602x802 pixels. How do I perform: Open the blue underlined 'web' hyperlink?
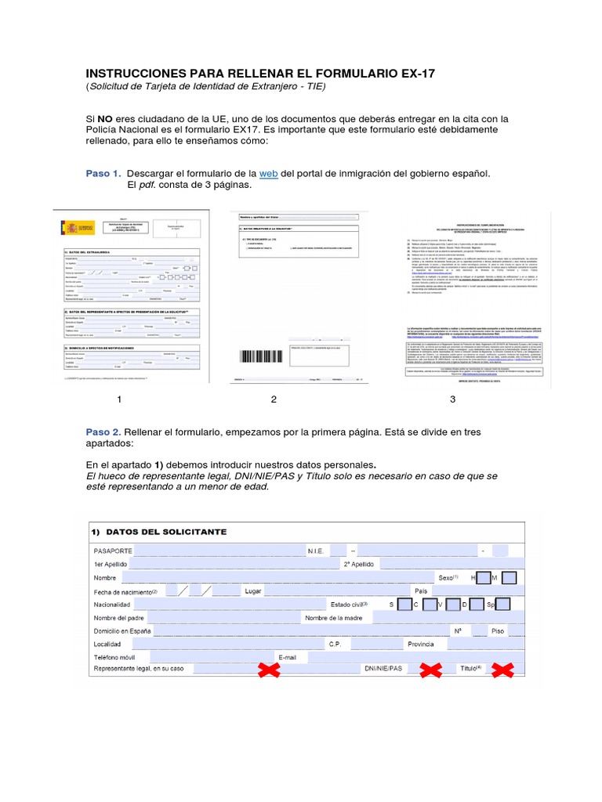click(x=268, y=172)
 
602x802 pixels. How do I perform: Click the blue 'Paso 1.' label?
click(x=103, y=172)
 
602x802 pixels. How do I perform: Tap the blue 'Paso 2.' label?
click(x=103, y=432)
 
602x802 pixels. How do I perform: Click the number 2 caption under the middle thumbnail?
click(x=274, y=399)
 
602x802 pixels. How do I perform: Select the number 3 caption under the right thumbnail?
click(x=452, y=399)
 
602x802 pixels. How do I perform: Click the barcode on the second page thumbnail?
click(x=259, y=356)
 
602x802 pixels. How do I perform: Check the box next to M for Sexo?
click(x=509, y=578)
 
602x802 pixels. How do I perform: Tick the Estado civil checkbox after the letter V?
click(x=452, y=605)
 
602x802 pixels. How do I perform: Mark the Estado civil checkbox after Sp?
click(x=502, y=605)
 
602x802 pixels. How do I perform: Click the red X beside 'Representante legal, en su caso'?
click(x=270, y=670)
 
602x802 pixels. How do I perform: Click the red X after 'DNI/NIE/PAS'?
click(x=430, y=670)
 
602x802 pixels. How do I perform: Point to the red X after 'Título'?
click(x=502, y=670)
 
